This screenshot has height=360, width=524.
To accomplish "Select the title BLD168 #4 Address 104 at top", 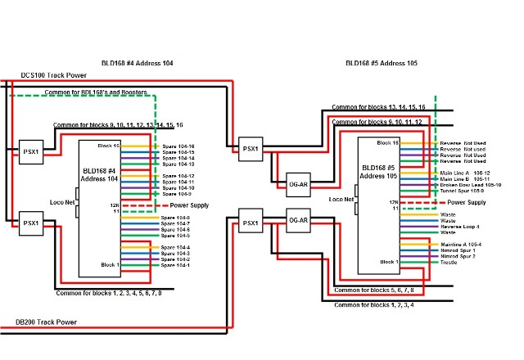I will point(136,63).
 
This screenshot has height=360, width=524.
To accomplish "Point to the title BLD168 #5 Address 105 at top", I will point(382,63).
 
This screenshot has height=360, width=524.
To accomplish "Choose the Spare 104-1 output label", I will point(176,265).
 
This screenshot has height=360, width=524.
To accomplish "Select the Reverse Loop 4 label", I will point(460,225).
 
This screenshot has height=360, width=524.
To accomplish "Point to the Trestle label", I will point(449,263).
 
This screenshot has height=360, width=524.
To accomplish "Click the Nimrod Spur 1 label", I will point(458,250).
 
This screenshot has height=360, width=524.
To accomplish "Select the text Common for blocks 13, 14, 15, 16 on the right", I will point(379,107).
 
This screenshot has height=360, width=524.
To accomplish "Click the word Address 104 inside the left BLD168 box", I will point(102,178).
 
